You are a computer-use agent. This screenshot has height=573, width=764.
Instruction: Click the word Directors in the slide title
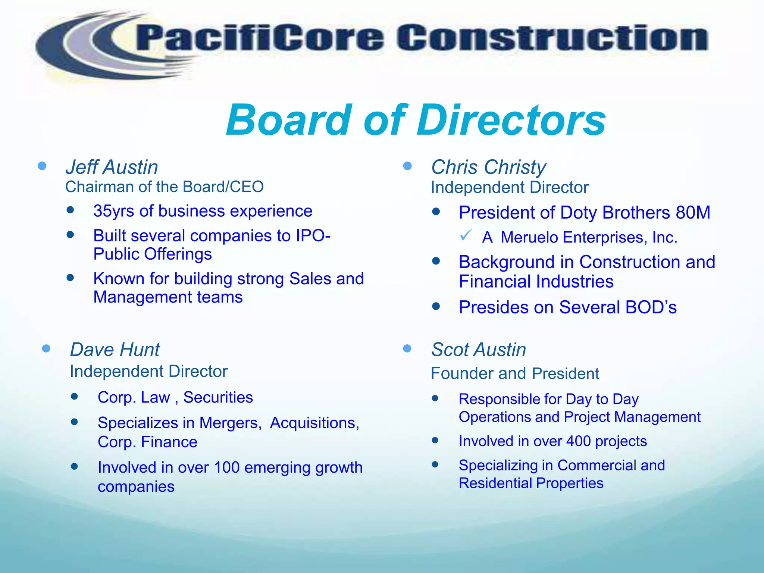point(511,120)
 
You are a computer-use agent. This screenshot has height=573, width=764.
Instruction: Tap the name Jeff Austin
point(112,167)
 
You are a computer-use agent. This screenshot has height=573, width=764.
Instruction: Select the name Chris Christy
point(488,167)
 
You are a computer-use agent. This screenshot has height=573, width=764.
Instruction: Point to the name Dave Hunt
point(115,350)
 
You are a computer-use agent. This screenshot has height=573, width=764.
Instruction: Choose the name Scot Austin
point(478,350)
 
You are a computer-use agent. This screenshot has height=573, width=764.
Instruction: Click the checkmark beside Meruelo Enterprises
point(466,235)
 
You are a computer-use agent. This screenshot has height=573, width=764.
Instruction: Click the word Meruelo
point(529,238)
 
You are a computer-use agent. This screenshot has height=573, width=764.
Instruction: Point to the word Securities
point(218,398)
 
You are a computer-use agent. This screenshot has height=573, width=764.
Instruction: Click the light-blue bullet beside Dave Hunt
point(46,349)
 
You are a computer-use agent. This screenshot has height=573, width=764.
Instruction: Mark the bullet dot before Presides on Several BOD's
point(436,306)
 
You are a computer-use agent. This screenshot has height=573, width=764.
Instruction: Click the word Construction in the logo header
point(552,38)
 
